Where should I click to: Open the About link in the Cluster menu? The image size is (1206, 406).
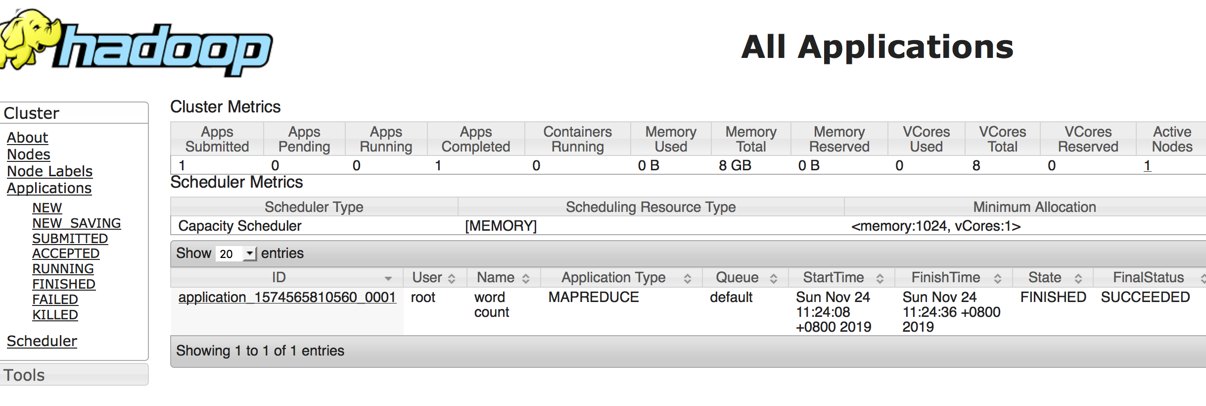(x=27, y=138)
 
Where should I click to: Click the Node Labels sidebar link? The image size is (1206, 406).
(x=49, y=171)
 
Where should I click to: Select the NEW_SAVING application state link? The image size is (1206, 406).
(x=76, y=223)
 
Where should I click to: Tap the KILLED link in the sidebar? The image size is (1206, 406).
(x=55, y=315)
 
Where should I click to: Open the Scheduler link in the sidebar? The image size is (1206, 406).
(x=42, y=341)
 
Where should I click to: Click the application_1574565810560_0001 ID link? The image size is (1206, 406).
(x=287, y=298)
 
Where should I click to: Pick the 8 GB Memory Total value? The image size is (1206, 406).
(x=735, y=165)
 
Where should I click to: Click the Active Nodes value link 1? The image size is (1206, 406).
(x=1147, y=165)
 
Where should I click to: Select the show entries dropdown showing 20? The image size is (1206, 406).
(x=236, y=254)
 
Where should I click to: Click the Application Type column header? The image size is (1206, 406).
(x=613, y=278)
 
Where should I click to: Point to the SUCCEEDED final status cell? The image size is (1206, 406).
(x=1145, y=298)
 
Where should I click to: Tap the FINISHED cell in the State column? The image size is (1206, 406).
(x=1053, y=298)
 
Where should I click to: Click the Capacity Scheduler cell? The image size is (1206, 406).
(x=240, y=226)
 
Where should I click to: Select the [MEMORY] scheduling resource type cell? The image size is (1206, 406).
(x=501, y=226)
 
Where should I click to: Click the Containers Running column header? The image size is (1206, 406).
(x=577, y=139)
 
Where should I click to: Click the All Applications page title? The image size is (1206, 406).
(x=877, y=47)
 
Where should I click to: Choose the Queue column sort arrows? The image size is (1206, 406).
(x=773, y=279)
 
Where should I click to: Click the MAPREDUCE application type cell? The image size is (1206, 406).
(x=593, y=298)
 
